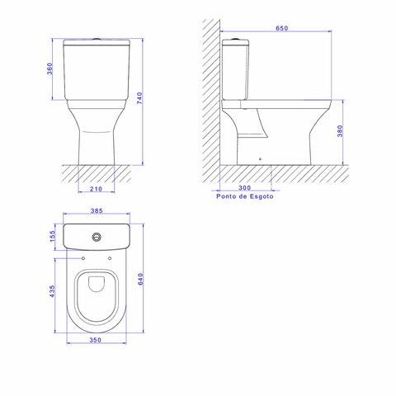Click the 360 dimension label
click(x=49, y=68)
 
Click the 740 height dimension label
click(x=139, y=98)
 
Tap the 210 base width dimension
click(x=96, y=189)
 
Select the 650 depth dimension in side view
click(x=282, y=28)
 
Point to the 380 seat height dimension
click(x=340, y=131)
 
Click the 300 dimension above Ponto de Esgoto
click(x=245, y=188)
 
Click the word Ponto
click(x=226, y=196)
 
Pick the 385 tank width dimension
click(x=97, y=210)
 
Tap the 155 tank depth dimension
click(x=52, y=237)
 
